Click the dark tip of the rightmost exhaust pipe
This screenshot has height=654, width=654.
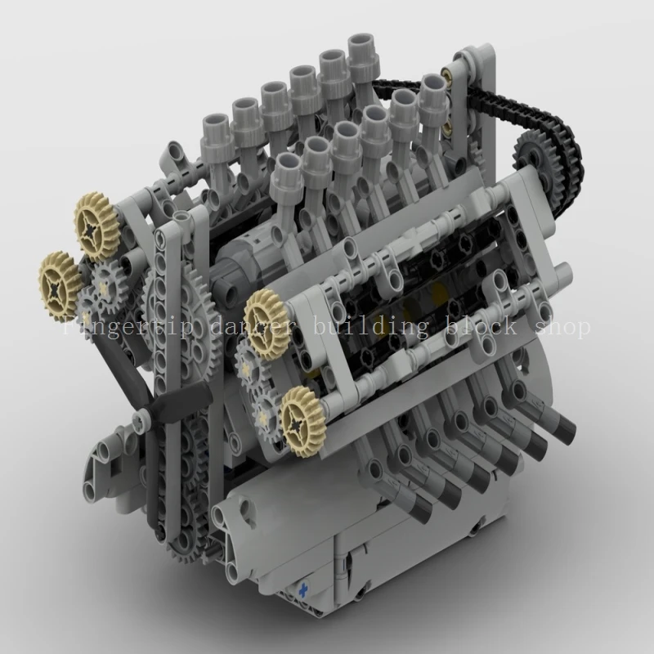coord(564,424)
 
